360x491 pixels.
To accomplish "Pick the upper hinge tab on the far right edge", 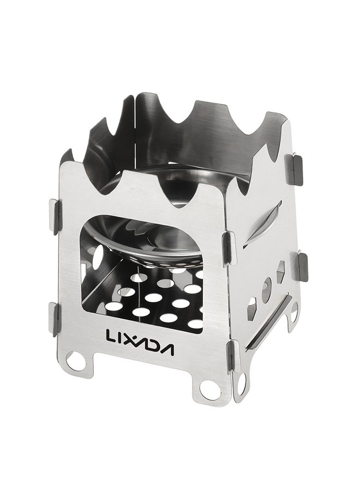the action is (294, 169).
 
